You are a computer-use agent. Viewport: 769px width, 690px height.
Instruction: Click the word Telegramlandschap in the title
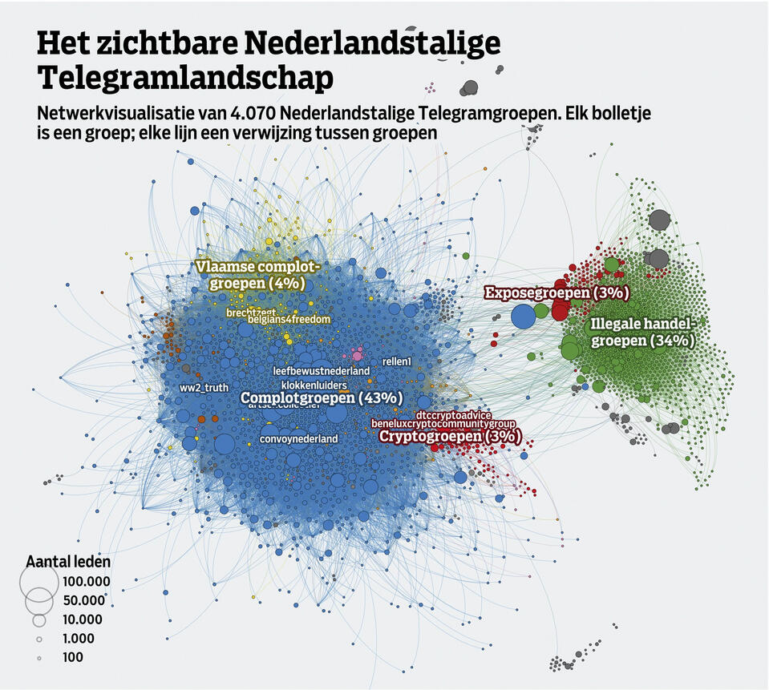(x=185, y=77)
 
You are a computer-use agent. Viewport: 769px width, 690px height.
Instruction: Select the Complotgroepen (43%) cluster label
(x=322, y=397)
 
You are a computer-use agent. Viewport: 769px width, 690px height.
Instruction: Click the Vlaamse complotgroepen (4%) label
(x=257, y=274)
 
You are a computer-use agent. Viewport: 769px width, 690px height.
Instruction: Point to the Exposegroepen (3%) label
(x=556, y=293)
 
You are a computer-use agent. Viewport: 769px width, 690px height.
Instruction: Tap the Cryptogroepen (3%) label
(x=449, y=437)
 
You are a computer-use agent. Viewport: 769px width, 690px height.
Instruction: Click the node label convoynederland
(x=298, y=438)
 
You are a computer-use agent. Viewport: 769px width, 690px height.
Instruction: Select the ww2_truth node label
(x=204, y=388)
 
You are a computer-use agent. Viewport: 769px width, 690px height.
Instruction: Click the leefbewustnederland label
(x=321, y=371)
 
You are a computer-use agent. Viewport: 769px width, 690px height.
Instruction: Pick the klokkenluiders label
(x=314, y=385)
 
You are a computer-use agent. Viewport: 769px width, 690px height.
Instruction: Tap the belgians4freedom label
(x=289, y=320)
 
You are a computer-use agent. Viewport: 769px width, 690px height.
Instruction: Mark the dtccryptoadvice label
(x=454, y=414)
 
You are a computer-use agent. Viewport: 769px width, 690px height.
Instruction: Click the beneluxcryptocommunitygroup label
(x=443, y=423)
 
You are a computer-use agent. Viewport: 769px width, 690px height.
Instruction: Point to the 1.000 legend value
(x=78, y=639)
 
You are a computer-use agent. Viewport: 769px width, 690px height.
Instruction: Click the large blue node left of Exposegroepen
(x=523, y=317)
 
